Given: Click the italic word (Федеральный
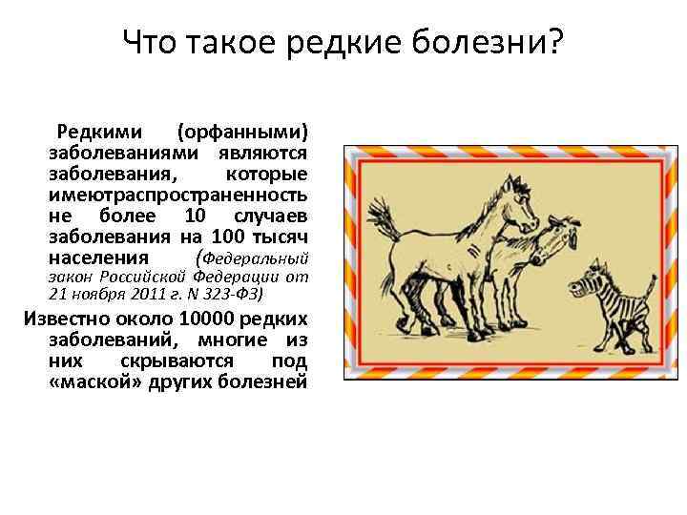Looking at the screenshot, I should click(x=251, y=258).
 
